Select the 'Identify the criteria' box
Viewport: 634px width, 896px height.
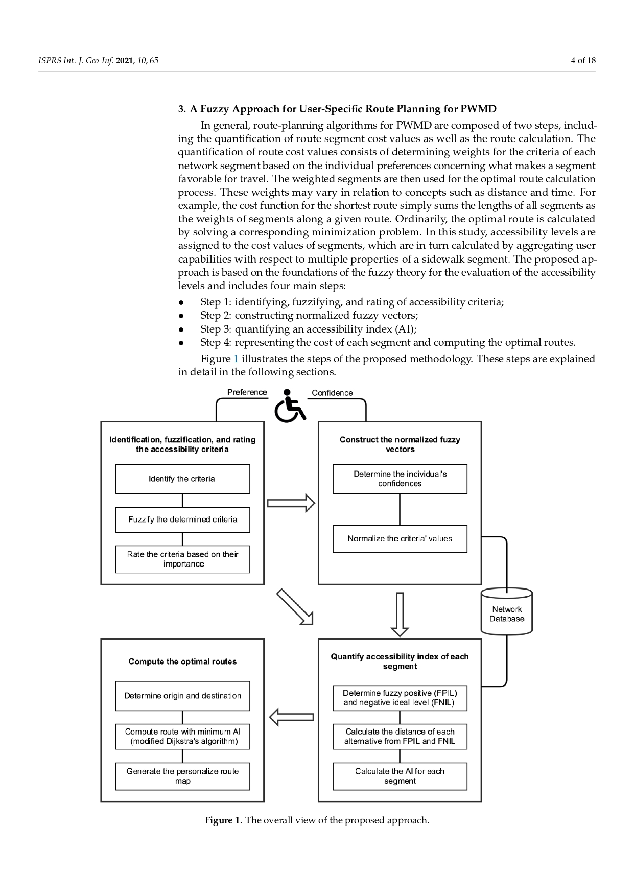coord(182,479)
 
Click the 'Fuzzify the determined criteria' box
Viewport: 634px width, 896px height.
coord(182,520)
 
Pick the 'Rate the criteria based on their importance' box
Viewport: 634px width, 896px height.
coord(182,559)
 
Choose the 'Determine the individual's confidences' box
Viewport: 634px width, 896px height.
coord(400,479)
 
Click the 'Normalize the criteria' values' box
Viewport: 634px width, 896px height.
coord(400,539)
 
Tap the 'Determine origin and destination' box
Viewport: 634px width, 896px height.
coord(182,696)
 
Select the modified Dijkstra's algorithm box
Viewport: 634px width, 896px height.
coord(182,737)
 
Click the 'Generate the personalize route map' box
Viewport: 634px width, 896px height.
coord(182,776)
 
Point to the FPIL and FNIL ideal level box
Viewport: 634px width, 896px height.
coord(400,698)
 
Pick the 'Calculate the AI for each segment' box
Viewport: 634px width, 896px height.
coord(400,776)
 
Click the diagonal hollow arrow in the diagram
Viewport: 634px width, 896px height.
coord(294,606)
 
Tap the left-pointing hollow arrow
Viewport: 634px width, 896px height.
coord(291,717)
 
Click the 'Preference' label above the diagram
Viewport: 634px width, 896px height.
coord(247,392)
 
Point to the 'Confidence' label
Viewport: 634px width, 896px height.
coord(332,393)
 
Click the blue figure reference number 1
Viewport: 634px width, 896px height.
coord(236,359)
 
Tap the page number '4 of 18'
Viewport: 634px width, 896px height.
coord(583,60)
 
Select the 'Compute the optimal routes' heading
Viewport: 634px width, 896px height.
coord(182,662)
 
